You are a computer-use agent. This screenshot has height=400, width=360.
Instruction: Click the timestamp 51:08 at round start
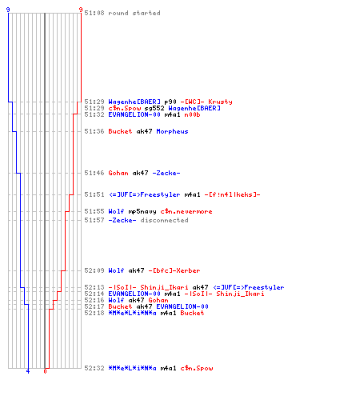94,13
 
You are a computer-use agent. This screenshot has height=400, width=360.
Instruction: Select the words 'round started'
134,13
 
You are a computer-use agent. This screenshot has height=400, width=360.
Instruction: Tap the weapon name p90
170,102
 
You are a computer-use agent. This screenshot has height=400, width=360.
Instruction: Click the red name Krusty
220,102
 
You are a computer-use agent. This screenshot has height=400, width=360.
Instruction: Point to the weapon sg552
154,108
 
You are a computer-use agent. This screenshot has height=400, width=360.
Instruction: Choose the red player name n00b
192,114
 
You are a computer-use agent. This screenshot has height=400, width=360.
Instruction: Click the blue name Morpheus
172,131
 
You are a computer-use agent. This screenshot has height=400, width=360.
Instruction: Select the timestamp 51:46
94,173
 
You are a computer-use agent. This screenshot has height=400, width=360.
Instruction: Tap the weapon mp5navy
142,211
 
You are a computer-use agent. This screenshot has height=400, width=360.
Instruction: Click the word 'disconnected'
164,220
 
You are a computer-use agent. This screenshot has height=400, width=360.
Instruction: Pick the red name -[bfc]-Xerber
174,270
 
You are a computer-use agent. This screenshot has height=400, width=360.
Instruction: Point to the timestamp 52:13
94,287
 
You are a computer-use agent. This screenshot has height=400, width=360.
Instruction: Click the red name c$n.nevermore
186,211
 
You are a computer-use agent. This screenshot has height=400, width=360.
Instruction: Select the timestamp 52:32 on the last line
94,368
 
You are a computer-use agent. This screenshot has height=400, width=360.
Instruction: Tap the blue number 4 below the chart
28,371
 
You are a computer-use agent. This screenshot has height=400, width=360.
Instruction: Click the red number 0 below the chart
45,371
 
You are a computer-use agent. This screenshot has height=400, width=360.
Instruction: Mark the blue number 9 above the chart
8,10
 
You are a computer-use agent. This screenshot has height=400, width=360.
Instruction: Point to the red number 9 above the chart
81,10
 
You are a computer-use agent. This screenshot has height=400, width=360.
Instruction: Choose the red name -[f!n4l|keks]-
232,194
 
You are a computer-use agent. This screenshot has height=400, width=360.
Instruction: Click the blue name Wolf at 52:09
116,270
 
